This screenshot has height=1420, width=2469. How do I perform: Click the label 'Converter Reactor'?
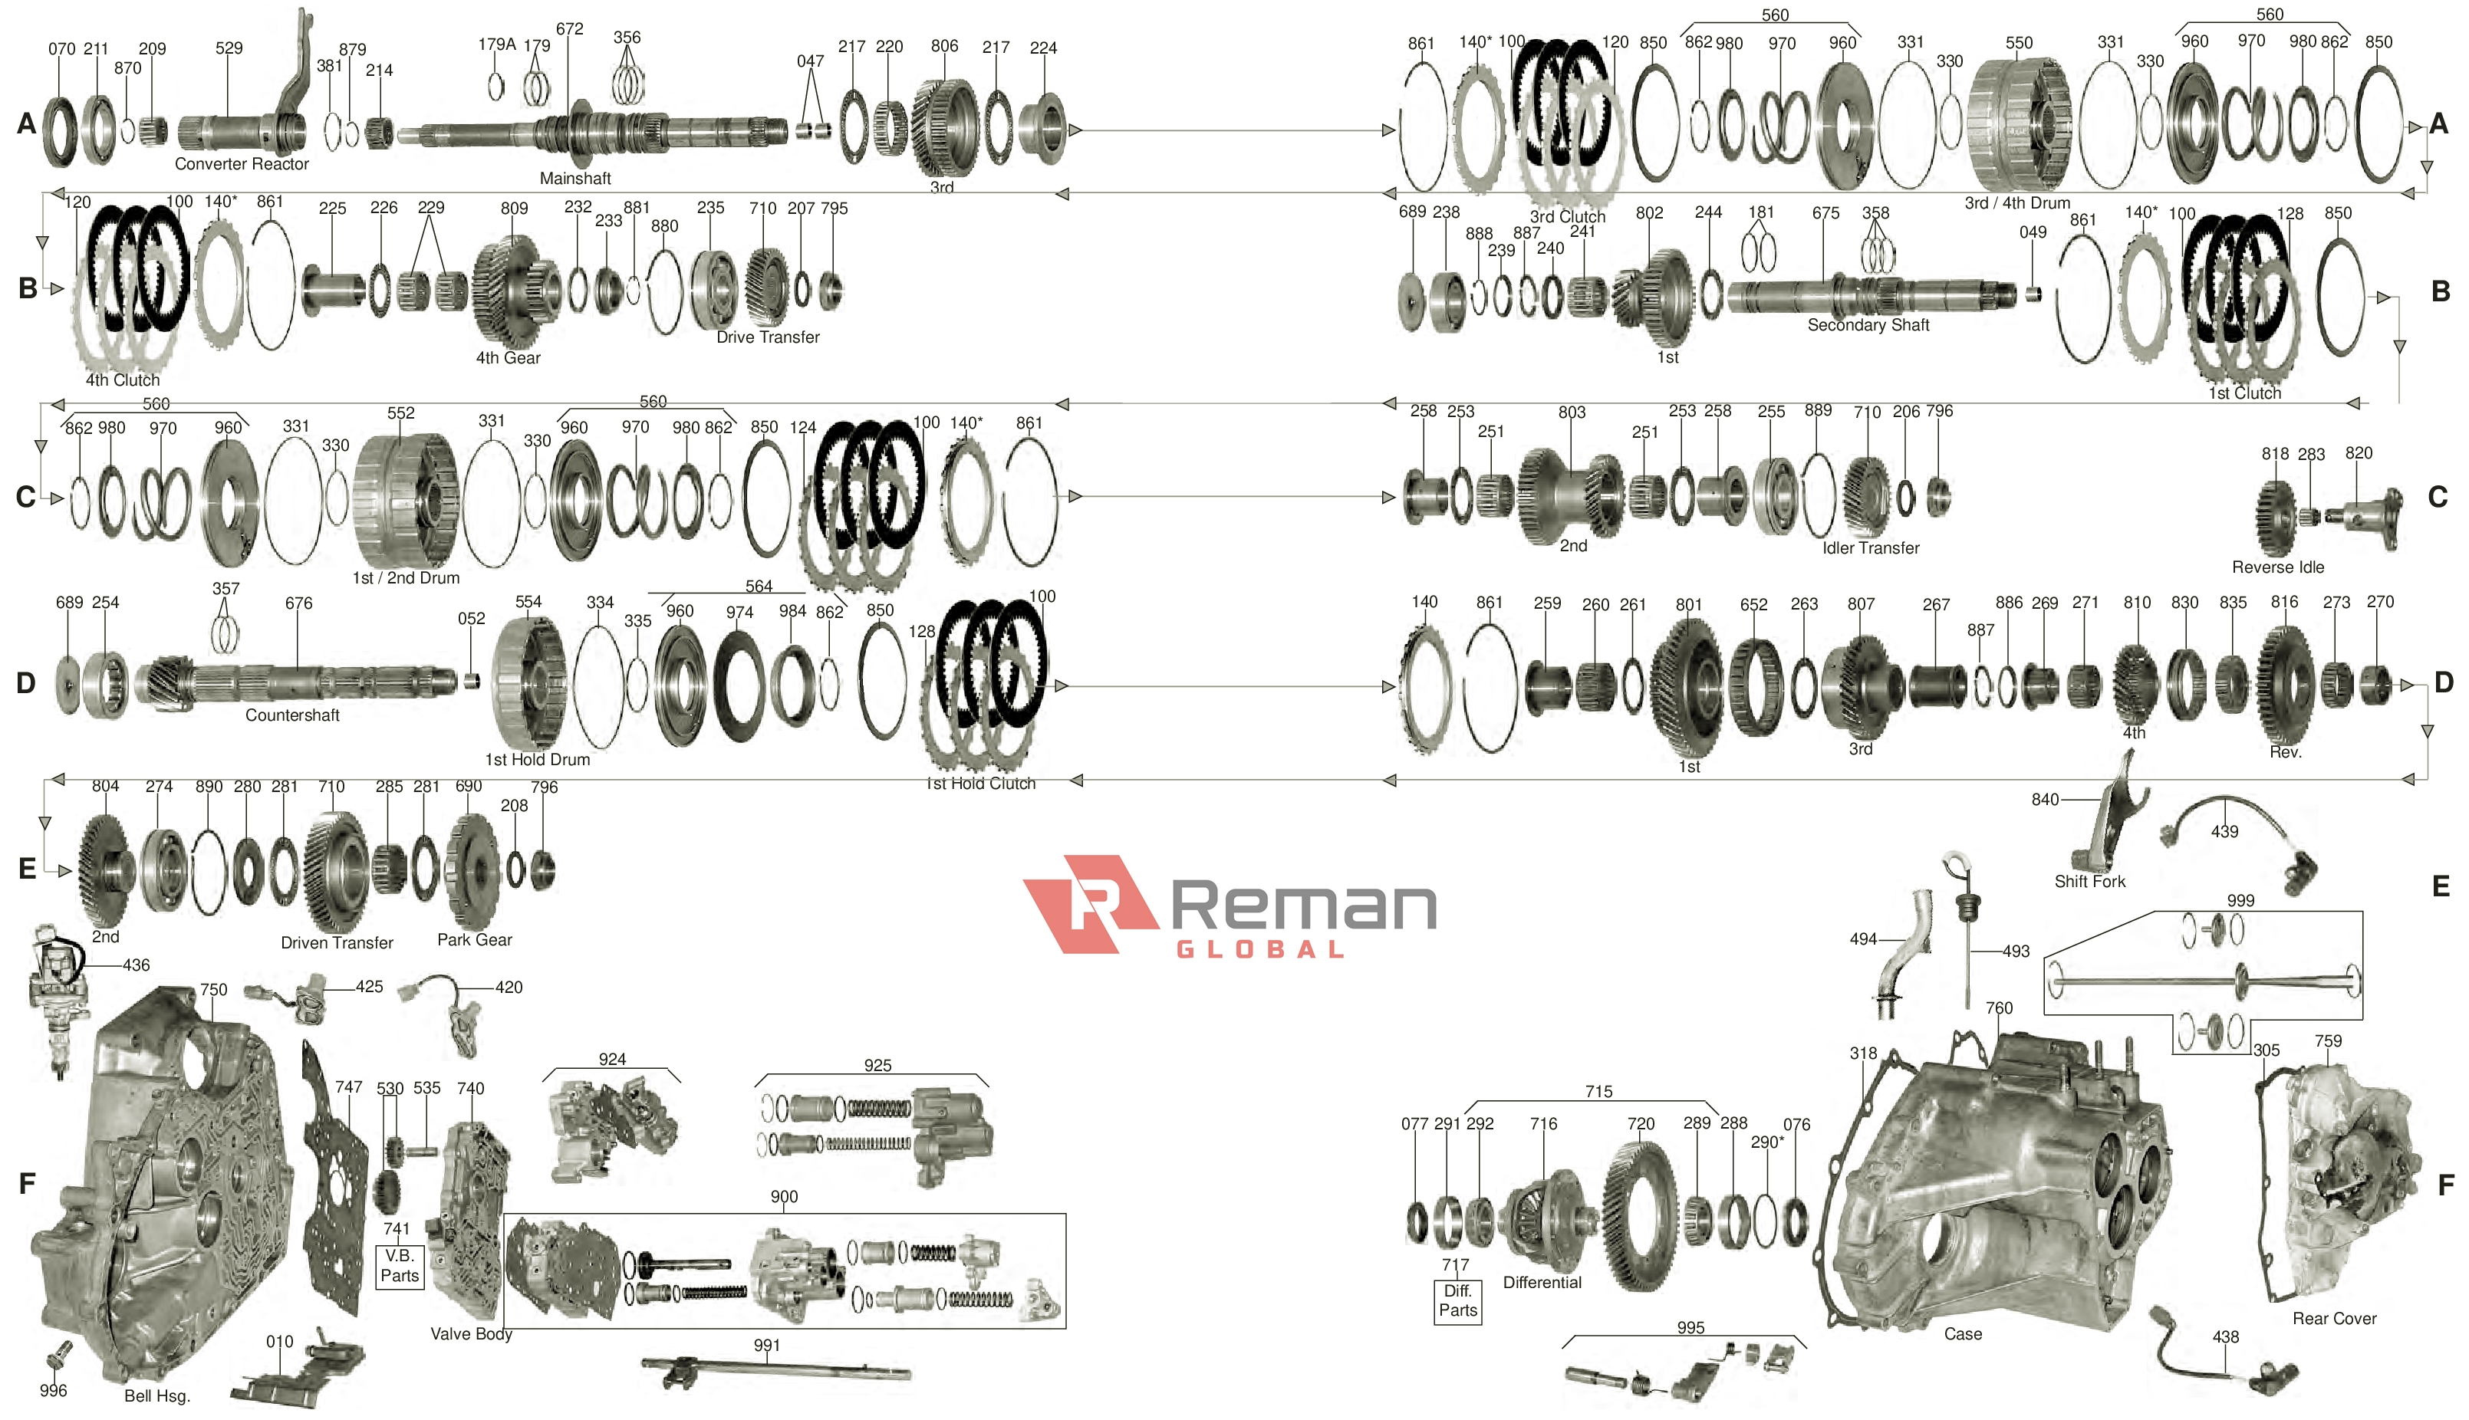click(x=242, y=164)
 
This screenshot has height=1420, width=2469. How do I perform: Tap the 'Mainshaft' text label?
click(x=575, y=179)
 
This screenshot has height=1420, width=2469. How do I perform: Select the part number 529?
click(x=229, y=48)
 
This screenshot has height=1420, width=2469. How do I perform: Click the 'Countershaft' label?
click(x=293, y=715)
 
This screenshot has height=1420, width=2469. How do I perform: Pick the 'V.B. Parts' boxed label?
click(x=399, y=1266)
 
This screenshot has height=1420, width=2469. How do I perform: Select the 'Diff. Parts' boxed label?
click(x=1457, y=1301)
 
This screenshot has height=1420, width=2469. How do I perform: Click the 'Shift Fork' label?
click(x=2089, y=882)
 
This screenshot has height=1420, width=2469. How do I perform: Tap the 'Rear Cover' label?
click(x=2333, y=1319)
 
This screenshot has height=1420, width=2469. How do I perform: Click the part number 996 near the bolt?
click(x=53, y=1391)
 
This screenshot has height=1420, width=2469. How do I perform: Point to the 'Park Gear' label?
click(x=474, y=940)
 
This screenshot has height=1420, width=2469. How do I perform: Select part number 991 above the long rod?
click(x=767, y=1346)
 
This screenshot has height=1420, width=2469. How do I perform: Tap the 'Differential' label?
click(x=1541, y=1283)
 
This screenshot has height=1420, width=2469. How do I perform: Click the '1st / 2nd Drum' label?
click(x=406, y=578)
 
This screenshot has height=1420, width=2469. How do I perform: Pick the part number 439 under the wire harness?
click(x=2224, y=832)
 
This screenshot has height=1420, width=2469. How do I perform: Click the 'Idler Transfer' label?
click(x=1870, y=548)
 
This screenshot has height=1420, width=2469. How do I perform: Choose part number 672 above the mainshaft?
click(x=570, y=29)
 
